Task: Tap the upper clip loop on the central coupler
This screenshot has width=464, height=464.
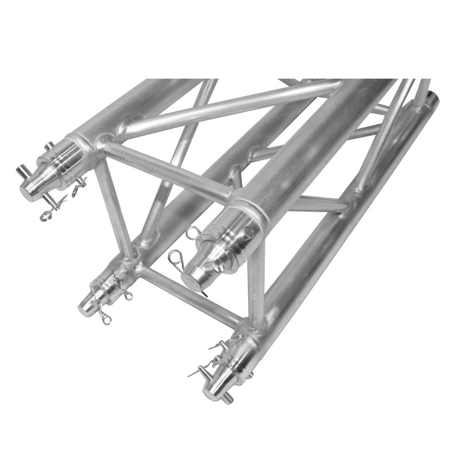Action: [193, 232]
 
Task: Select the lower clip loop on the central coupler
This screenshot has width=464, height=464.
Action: [177, 256]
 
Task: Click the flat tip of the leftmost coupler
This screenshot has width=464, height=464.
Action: [29, 191]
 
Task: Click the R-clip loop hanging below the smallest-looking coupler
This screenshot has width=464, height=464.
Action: [106, 319]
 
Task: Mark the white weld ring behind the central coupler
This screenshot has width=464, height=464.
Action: [264, 216]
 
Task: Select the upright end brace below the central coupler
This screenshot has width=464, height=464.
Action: [256, 288]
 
